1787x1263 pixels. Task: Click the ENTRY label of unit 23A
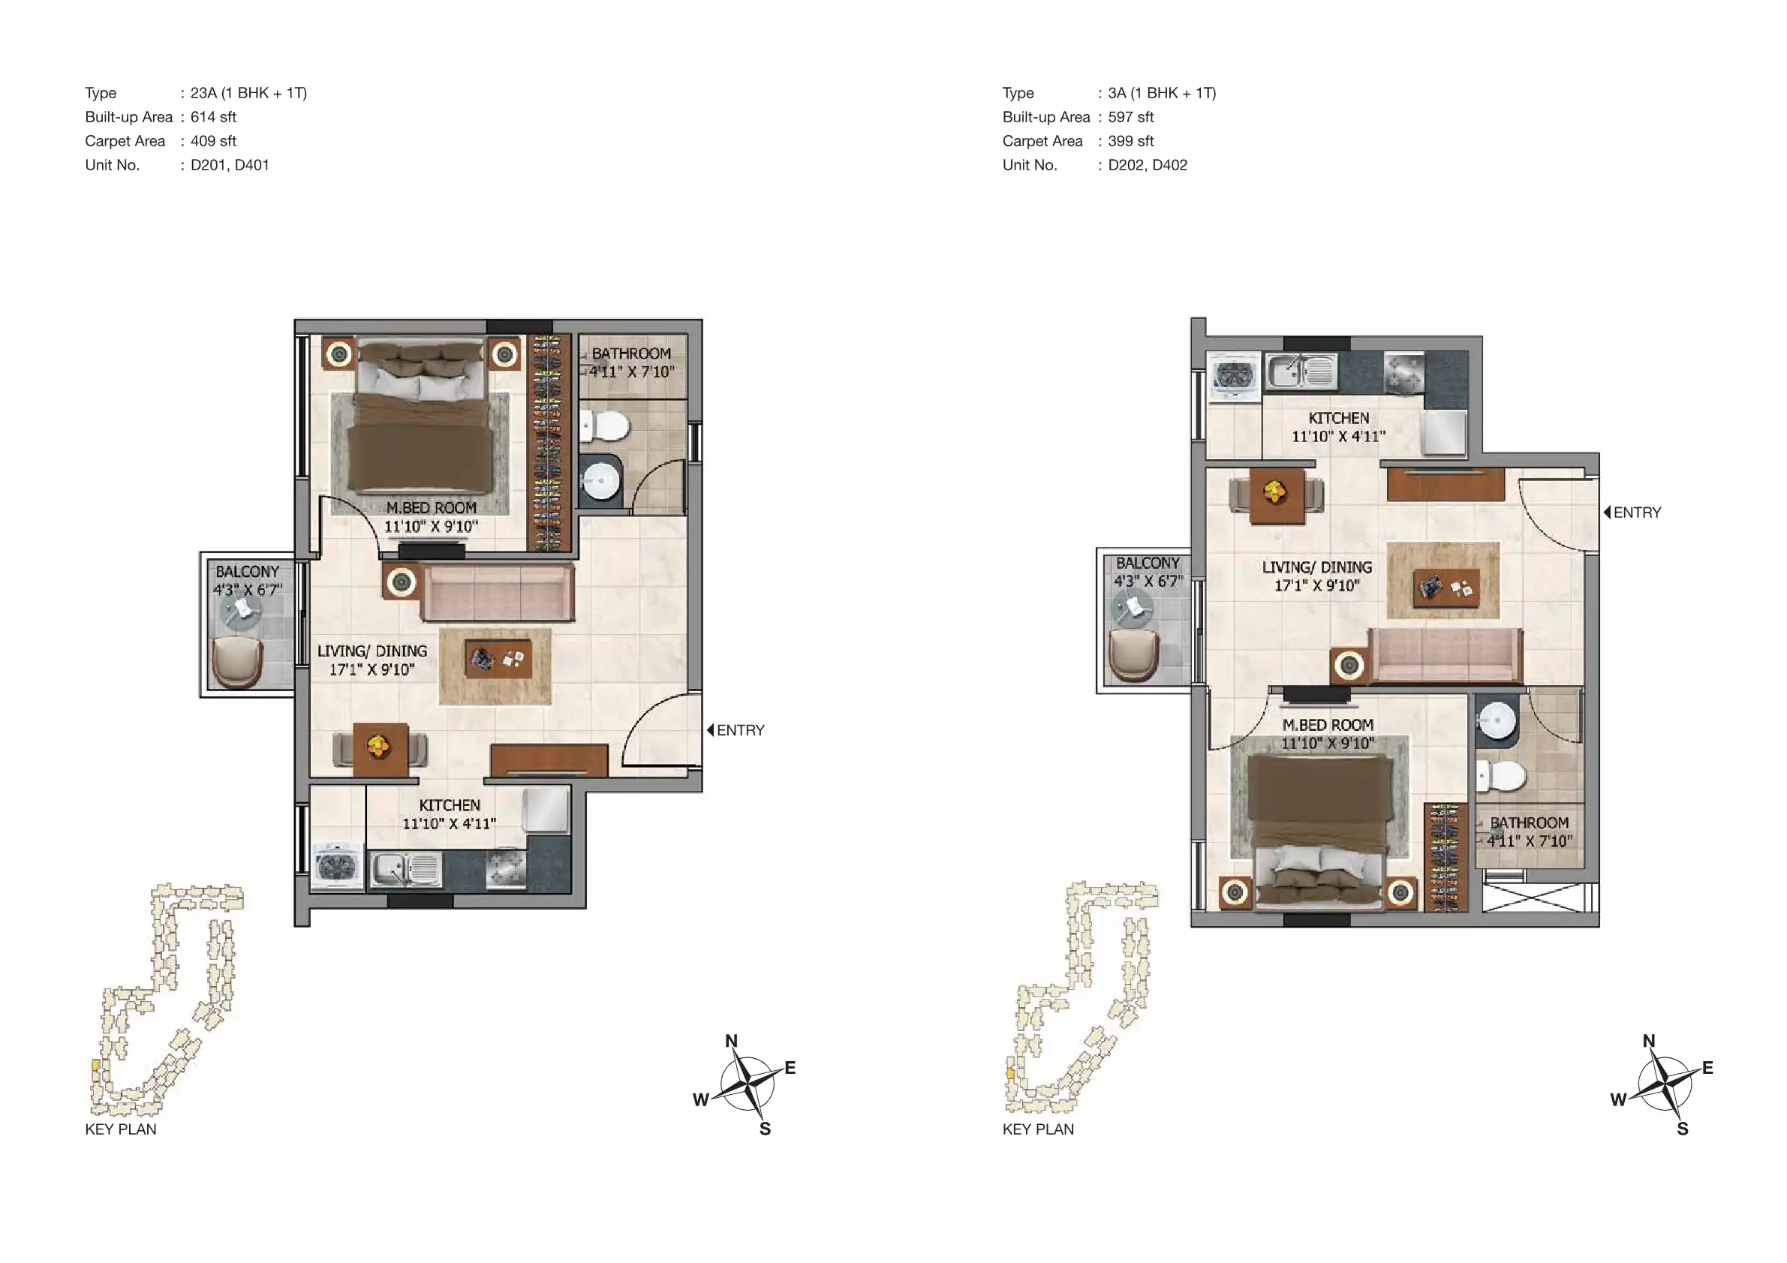[740, 730]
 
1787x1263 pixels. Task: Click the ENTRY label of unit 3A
[1637, 512]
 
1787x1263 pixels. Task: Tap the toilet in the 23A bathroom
[605, 426]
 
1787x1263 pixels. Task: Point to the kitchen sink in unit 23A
[405, 869]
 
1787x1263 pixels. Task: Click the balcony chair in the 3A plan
[1134, 654]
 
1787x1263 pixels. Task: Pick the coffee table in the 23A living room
[498, 659]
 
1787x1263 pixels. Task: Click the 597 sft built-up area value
[1130, 117]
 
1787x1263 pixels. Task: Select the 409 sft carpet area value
[213, 141]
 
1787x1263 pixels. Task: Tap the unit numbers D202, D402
[1148, 165]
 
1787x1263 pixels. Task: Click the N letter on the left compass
[731, 1041]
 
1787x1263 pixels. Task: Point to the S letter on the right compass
[1682, 1129]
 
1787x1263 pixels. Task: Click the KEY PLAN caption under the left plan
[121, 1129]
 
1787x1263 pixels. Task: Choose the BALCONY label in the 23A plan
[247, 571]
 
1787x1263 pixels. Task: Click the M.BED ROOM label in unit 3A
[1328, 724]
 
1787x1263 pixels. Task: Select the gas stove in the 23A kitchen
[505, 868]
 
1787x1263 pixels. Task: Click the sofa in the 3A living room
[1445, 655]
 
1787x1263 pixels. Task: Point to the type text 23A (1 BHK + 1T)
[249, 92]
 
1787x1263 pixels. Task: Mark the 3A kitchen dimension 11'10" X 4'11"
[1339, 437]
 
